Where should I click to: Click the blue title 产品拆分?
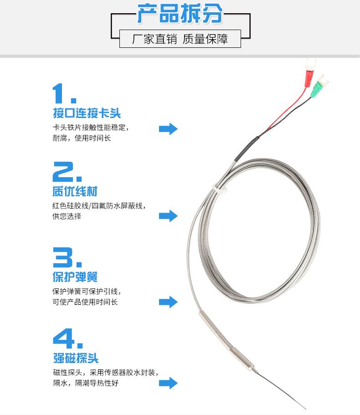[x=180, y=14]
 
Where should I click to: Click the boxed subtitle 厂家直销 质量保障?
[x=180, y=39]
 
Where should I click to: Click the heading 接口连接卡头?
[x=87, y=113]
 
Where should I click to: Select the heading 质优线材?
[x=75, y=191]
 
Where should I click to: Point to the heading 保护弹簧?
[x=75, y=277]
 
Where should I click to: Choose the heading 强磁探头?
[x=76, y=358]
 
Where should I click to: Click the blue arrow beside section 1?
[x=168, y=129]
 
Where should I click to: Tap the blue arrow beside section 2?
[x=168, y=216]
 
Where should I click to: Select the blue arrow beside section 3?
[x=168, y=302]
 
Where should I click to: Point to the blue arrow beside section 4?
[x=168, y=383]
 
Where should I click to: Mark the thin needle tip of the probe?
[x=305, y=409]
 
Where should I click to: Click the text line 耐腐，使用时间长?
[x=82, y=138]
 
